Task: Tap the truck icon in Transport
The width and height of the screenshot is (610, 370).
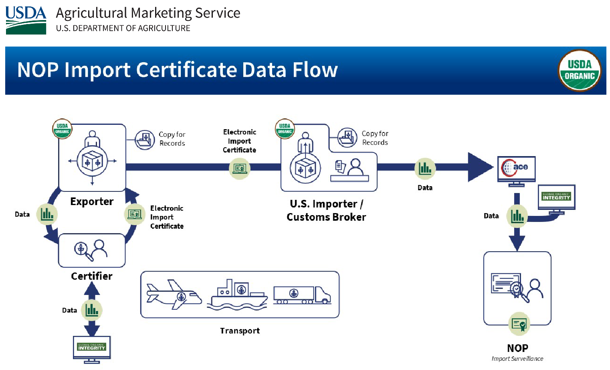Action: (x=302, y=295)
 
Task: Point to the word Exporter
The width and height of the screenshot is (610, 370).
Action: (x=92, y=201)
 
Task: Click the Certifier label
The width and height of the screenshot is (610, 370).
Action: (x=92, y=276)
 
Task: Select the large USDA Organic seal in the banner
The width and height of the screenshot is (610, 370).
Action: (x=580, y=71)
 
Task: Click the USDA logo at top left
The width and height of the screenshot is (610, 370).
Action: (x=26, y=20)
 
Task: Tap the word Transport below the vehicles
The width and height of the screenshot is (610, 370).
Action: (x=240, y=331)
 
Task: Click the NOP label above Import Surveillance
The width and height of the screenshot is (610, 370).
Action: (x=517, y=348)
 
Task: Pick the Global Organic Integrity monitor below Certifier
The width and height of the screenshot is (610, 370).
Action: (x=92, y=349)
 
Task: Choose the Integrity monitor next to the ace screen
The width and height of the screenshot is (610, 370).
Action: (x=556, y=198)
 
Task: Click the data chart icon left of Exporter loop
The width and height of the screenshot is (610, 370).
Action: (x=47, y=214)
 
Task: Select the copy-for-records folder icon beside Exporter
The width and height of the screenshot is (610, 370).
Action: (x=145, y=140)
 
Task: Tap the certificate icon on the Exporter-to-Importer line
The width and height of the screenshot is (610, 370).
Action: (x=240, y=168)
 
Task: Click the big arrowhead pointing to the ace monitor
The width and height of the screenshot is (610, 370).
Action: (x=480, y=167)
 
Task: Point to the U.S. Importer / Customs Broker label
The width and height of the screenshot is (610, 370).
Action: (x=326, y=210)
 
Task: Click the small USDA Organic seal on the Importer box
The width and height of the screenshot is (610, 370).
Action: (x=285, y=128)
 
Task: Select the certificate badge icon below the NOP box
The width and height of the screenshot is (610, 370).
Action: (x=519, y=324)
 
